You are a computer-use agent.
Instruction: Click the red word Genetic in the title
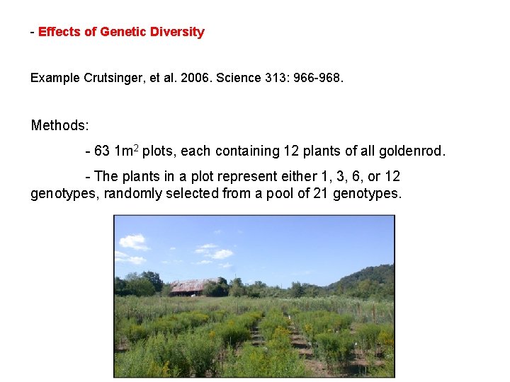click(x=123, y=32)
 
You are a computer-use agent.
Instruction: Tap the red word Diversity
click(x=177, y=32)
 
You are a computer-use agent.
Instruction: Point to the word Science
click(x=248, y=78)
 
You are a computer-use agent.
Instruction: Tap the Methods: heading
click(x=59, y=126)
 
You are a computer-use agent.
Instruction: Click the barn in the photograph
click(x=193, y=286)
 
